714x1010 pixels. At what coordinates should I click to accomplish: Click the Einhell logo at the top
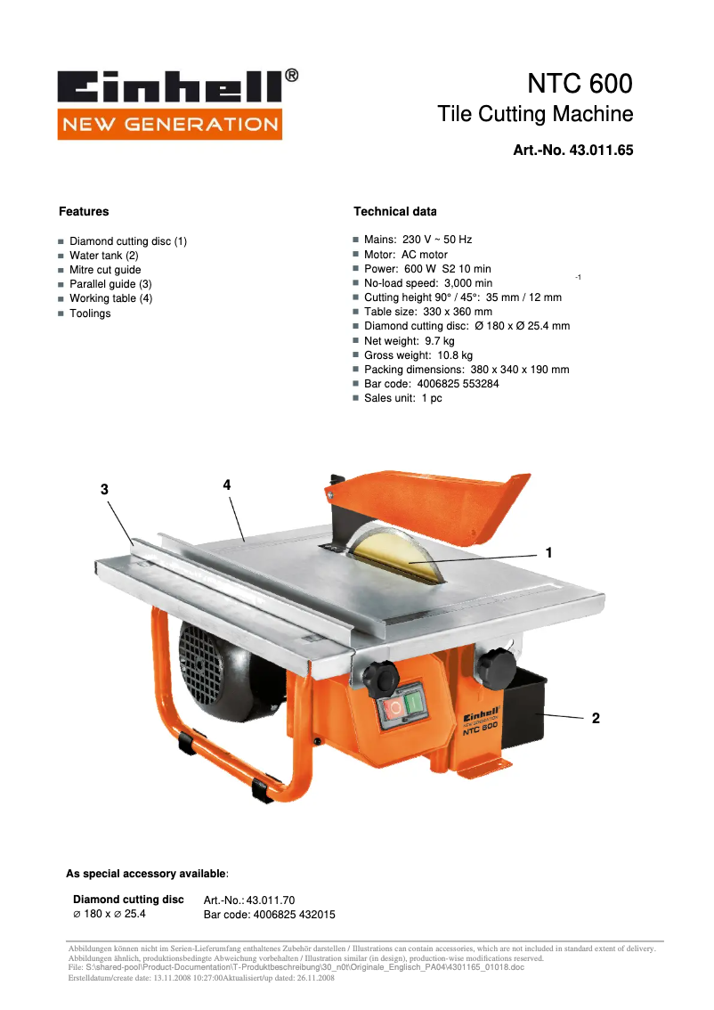pyautogui.click(x=169, y=86)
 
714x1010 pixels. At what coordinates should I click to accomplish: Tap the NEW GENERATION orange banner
pyautogui.click(x=169, y=124)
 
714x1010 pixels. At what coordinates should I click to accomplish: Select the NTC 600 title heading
pyautogui.click(x=580, y=85)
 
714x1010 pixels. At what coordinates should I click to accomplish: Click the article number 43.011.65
pyautogui.click(x=573, y=151)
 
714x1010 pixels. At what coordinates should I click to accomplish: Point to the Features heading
pyautogui.click(x=84, y=212)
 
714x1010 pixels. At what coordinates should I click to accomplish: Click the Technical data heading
pyautogui.click(x=394, y=212)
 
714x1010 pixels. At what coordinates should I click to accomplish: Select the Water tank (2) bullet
pyautogui.click(x=103, y=256)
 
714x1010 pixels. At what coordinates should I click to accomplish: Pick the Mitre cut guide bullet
pyautogui.click(x=105, y=270)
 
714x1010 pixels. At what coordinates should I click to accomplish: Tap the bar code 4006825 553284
pyautogui.click(x=431, y=384)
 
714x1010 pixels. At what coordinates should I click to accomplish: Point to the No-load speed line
pyautogui.click(x=427, y=283)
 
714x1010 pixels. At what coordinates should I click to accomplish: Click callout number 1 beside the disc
pyautogui.click(x=549, y=553)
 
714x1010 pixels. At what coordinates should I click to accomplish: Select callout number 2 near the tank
pyautogui.click(x=596, y=718)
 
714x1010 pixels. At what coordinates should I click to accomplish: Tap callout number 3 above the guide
pyautogui.click(x=105, y=489)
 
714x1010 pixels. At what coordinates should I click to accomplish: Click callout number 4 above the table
pyautogui.click(x=227, y=485)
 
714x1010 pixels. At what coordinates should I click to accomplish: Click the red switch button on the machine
pyautogui.click(x=393, y=710)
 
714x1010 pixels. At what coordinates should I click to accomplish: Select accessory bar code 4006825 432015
pyautogui.click(x=270, y=915)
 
